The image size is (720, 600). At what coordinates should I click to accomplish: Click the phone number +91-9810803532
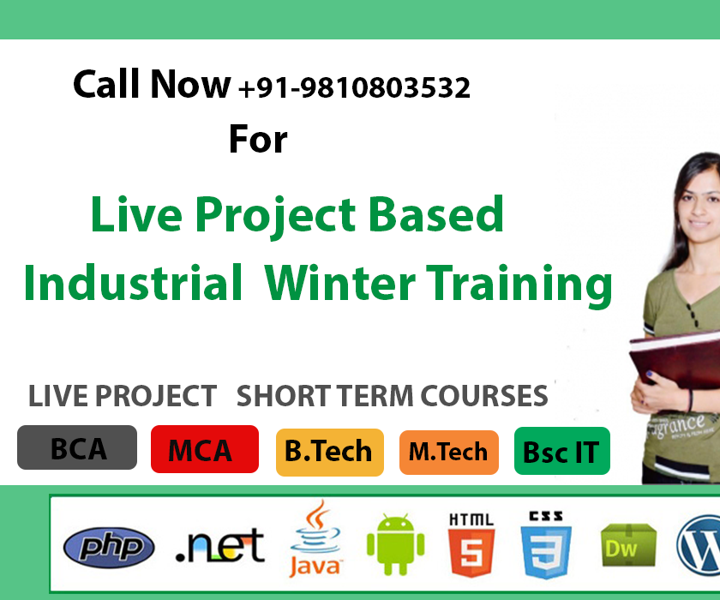click(355, 87)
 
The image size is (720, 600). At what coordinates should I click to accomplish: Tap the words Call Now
click(152, 85)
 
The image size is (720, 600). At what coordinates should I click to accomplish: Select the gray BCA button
click(77, 447)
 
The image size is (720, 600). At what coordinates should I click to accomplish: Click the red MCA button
click(204, 449)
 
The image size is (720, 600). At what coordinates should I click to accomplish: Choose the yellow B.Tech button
click(329, 451)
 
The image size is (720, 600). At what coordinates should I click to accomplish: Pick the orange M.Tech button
click(448, 452)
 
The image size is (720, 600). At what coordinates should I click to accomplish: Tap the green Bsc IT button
click(561, 452)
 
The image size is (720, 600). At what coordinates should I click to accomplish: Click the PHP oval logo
click(109, 547)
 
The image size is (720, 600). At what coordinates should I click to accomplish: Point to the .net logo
click(219, 545)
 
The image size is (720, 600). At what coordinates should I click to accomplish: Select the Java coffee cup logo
click(316, 540)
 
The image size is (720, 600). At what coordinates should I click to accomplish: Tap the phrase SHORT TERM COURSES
click(392, 396)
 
